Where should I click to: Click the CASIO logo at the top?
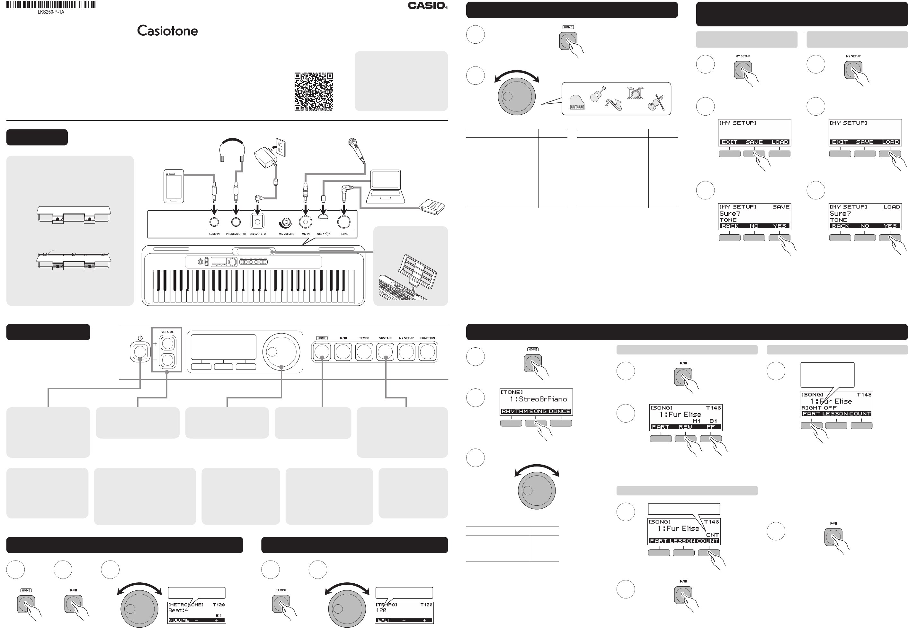tap(427, 5)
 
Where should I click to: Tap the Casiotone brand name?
tap(167, 31)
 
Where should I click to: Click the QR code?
tap(314, 92)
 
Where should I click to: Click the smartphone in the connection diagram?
tap(174, 186)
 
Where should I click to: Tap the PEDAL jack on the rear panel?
tap(344, 222)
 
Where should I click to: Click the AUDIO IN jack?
tap(214, 222)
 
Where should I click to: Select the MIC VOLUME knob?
tap(285, 223)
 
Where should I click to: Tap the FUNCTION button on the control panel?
tap(427, 352)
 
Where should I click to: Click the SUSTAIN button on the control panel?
tap(385, 352)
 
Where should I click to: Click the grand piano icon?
tap(577, 103)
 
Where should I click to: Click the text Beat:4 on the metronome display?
tap(178, 610)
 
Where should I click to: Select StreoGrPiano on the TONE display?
tap(542, 399)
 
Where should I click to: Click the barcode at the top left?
tap(51, 5)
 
